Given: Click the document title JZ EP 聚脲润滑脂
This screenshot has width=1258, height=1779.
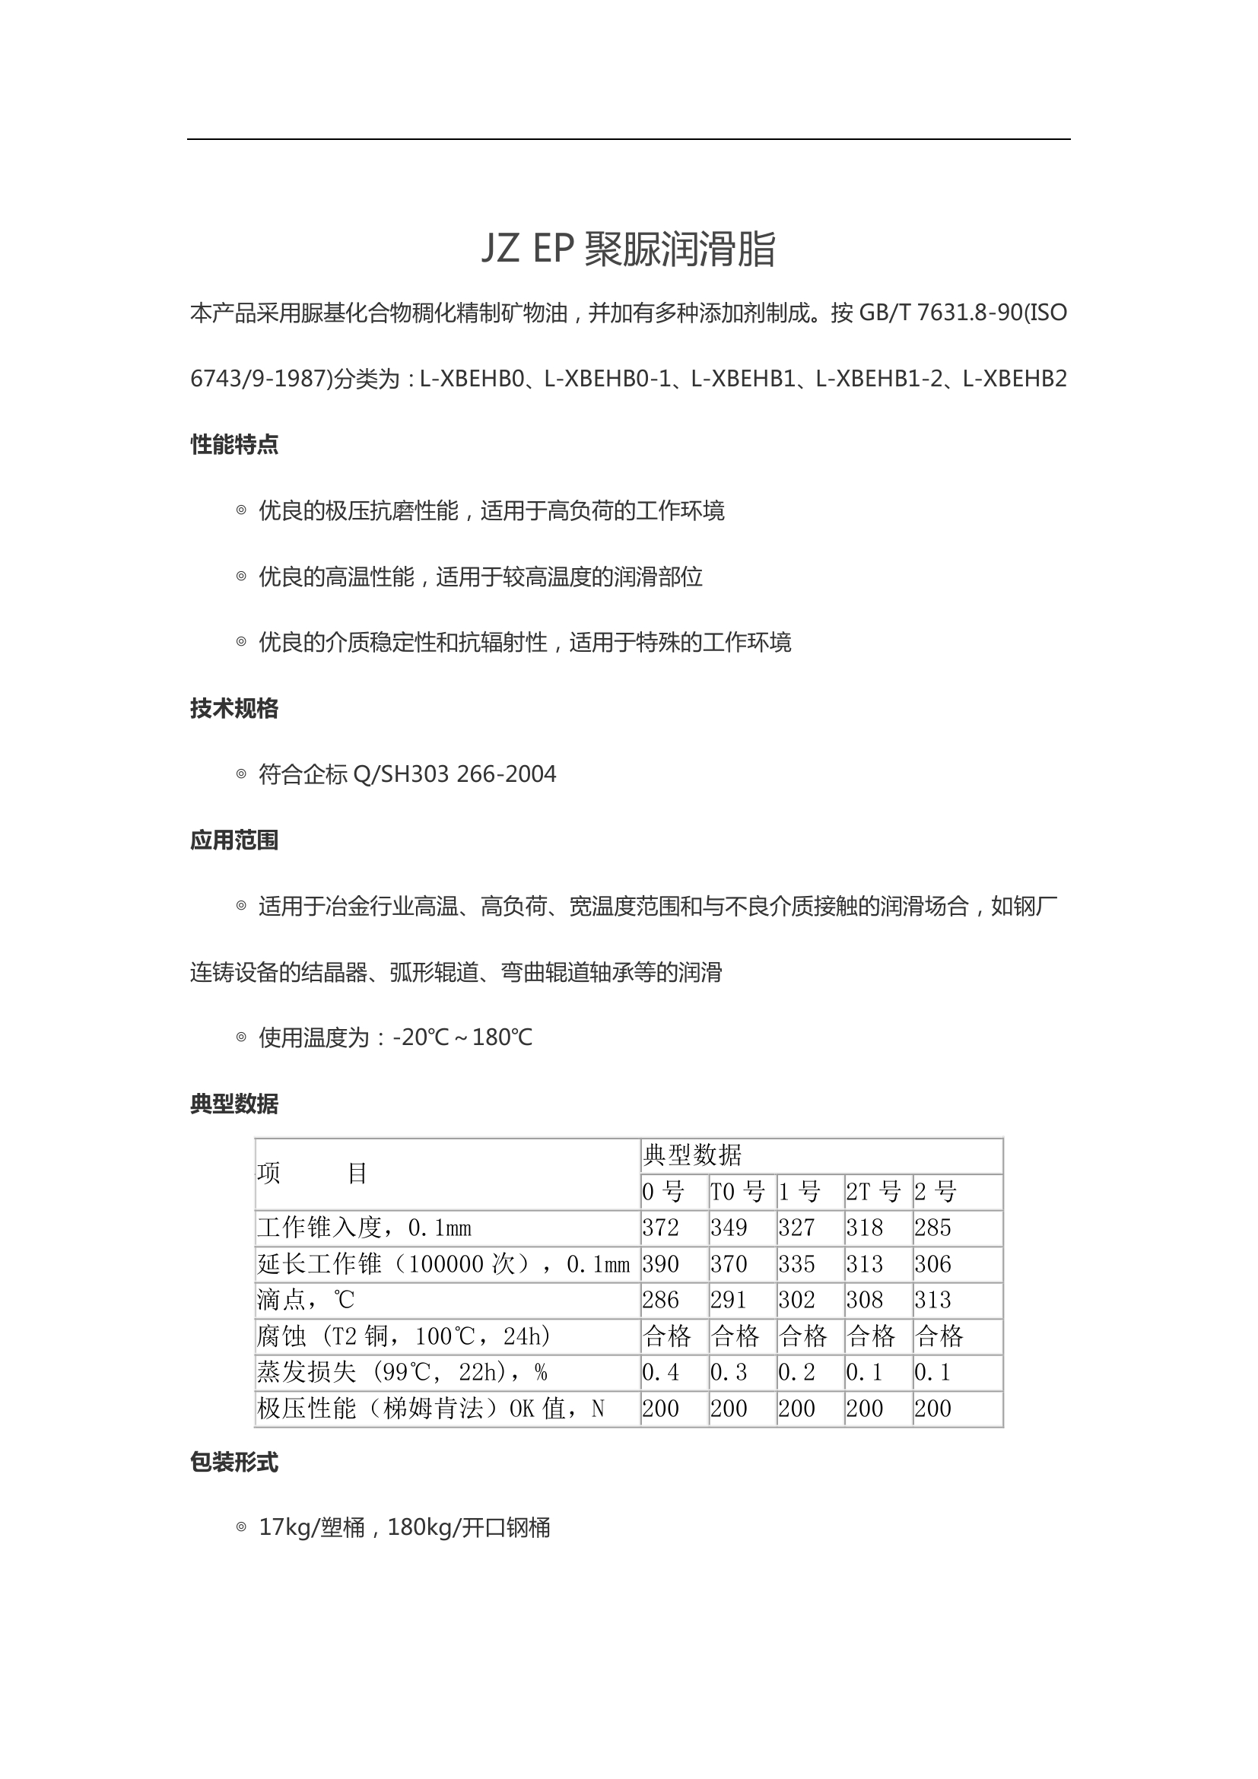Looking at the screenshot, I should coord(628,249).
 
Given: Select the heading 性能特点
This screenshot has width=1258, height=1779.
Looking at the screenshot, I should coord(234,445).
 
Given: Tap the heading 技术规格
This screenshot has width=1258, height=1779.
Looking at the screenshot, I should coord(234,708).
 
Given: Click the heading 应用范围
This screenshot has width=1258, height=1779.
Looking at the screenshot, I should coord(234,840).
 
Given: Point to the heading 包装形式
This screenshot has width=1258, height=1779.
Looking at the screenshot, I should coord(234,1462).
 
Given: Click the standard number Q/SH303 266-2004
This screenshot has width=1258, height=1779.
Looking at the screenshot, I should coord(454,774).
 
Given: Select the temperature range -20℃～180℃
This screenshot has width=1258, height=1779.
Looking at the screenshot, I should coord(462,1037).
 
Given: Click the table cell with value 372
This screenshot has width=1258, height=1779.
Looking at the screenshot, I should coord(661,1228).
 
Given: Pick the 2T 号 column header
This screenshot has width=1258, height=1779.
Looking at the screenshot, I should coord(873,1192).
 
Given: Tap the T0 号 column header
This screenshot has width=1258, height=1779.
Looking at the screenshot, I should coord(738,1192).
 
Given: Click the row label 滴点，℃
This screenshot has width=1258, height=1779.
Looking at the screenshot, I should coord(306,1299).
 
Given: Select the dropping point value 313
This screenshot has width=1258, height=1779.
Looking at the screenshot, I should coord(932,1299).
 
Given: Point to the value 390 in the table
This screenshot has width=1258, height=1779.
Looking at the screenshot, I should coord(661,1264).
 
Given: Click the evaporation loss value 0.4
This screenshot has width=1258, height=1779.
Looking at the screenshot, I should coord(661,1372).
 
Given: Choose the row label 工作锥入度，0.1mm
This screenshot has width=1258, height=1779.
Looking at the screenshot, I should coord(364,1228).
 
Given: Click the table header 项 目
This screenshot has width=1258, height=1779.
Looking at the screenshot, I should coord(312,1174).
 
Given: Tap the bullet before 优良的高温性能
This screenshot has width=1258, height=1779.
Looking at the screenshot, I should coord(241,577).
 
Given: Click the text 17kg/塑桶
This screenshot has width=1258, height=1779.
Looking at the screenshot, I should coord(311,1528).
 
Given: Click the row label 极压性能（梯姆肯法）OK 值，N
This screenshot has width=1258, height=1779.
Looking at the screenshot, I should coord(430,1409).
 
